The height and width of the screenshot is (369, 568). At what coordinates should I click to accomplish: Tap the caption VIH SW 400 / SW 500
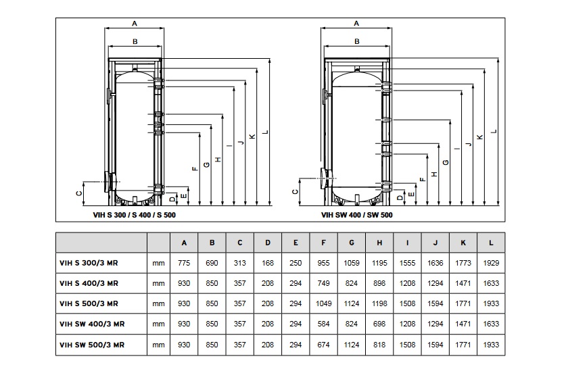pos(356,215)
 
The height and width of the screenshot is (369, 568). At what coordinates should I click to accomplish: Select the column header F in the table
pos(324,243)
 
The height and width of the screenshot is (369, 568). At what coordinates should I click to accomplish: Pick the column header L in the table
pos(490,243)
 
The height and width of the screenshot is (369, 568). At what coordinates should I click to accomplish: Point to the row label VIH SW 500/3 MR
pos(92,344)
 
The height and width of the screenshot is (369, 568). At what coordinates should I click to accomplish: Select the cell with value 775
pos(185,262)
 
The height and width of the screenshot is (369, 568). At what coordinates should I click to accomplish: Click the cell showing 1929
pos(490,262)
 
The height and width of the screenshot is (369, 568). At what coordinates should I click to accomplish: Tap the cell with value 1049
pos(324,303)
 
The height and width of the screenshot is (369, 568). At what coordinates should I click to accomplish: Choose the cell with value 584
pos(324,324)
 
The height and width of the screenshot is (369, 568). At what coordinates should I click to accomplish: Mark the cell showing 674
pos(324,344)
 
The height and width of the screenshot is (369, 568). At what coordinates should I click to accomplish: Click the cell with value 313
pos(240,262)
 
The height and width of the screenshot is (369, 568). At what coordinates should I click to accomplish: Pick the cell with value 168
pos(268,262)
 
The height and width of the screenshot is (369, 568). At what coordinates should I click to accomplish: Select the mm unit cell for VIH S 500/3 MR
pos(158,303)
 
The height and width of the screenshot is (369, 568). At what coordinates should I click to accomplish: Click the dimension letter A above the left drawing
pos(135,23)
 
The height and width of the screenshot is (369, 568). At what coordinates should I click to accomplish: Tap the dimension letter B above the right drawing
pos(356,42)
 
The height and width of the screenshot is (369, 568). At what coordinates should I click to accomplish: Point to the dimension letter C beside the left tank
pos(78,193)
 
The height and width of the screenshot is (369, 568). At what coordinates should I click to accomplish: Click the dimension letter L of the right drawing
pos(495,131)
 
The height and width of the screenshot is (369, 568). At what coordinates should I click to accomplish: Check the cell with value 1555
pos(407,262)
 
